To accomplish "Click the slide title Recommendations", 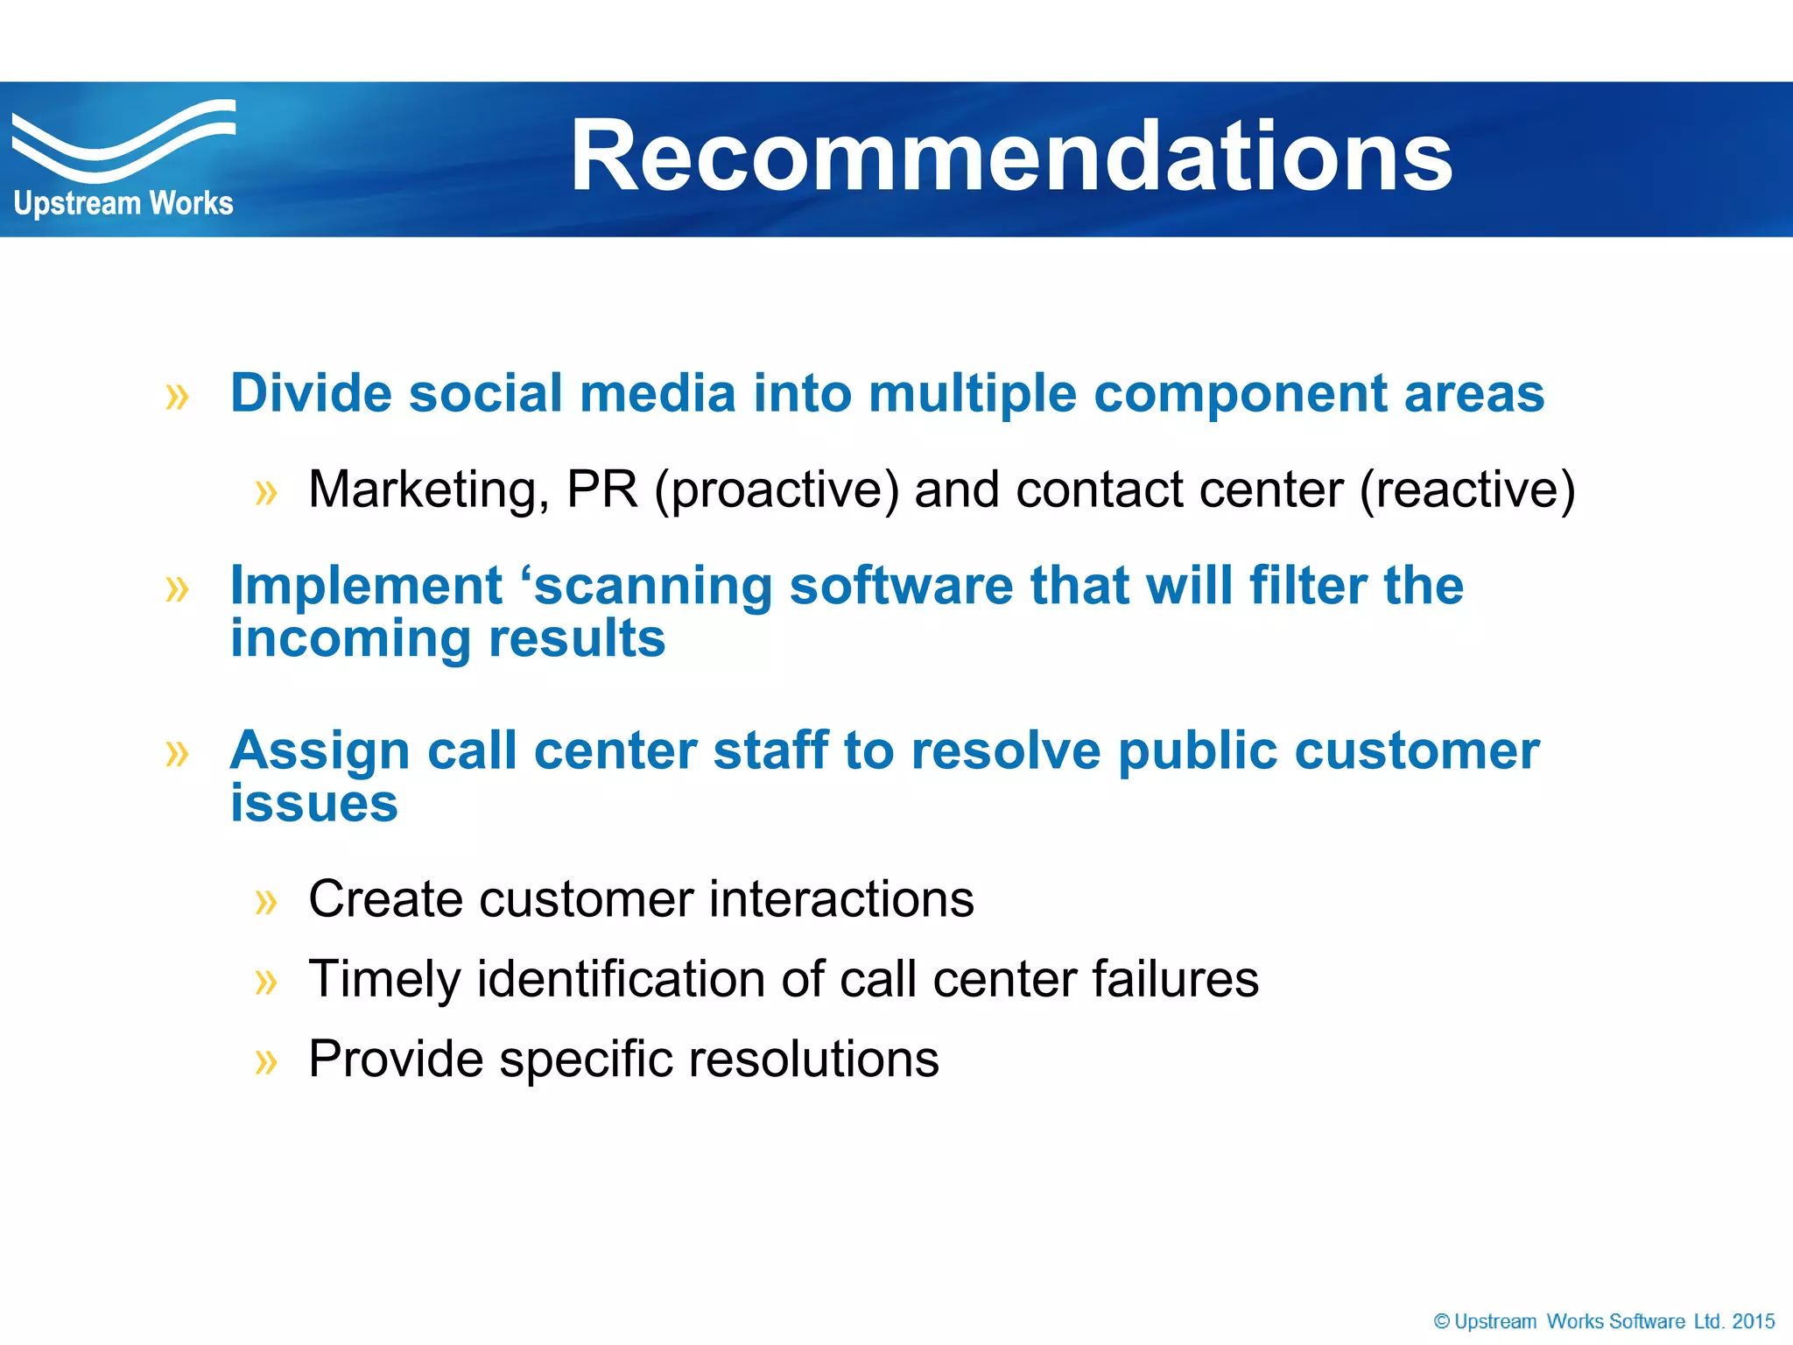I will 1011,158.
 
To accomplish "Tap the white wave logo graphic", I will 123,140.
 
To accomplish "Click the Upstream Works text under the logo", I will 123,204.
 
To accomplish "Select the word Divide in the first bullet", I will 310,393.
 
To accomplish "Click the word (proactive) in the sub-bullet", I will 776,490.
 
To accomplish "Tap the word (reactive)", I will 1467,490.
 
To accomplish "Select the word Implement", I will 366,587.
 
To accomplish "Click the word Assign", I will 320,752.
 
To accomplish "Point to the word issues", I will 313,804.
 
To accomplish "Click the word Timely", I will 384,980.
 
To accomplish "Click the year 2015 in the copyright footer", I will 1754,1321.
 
